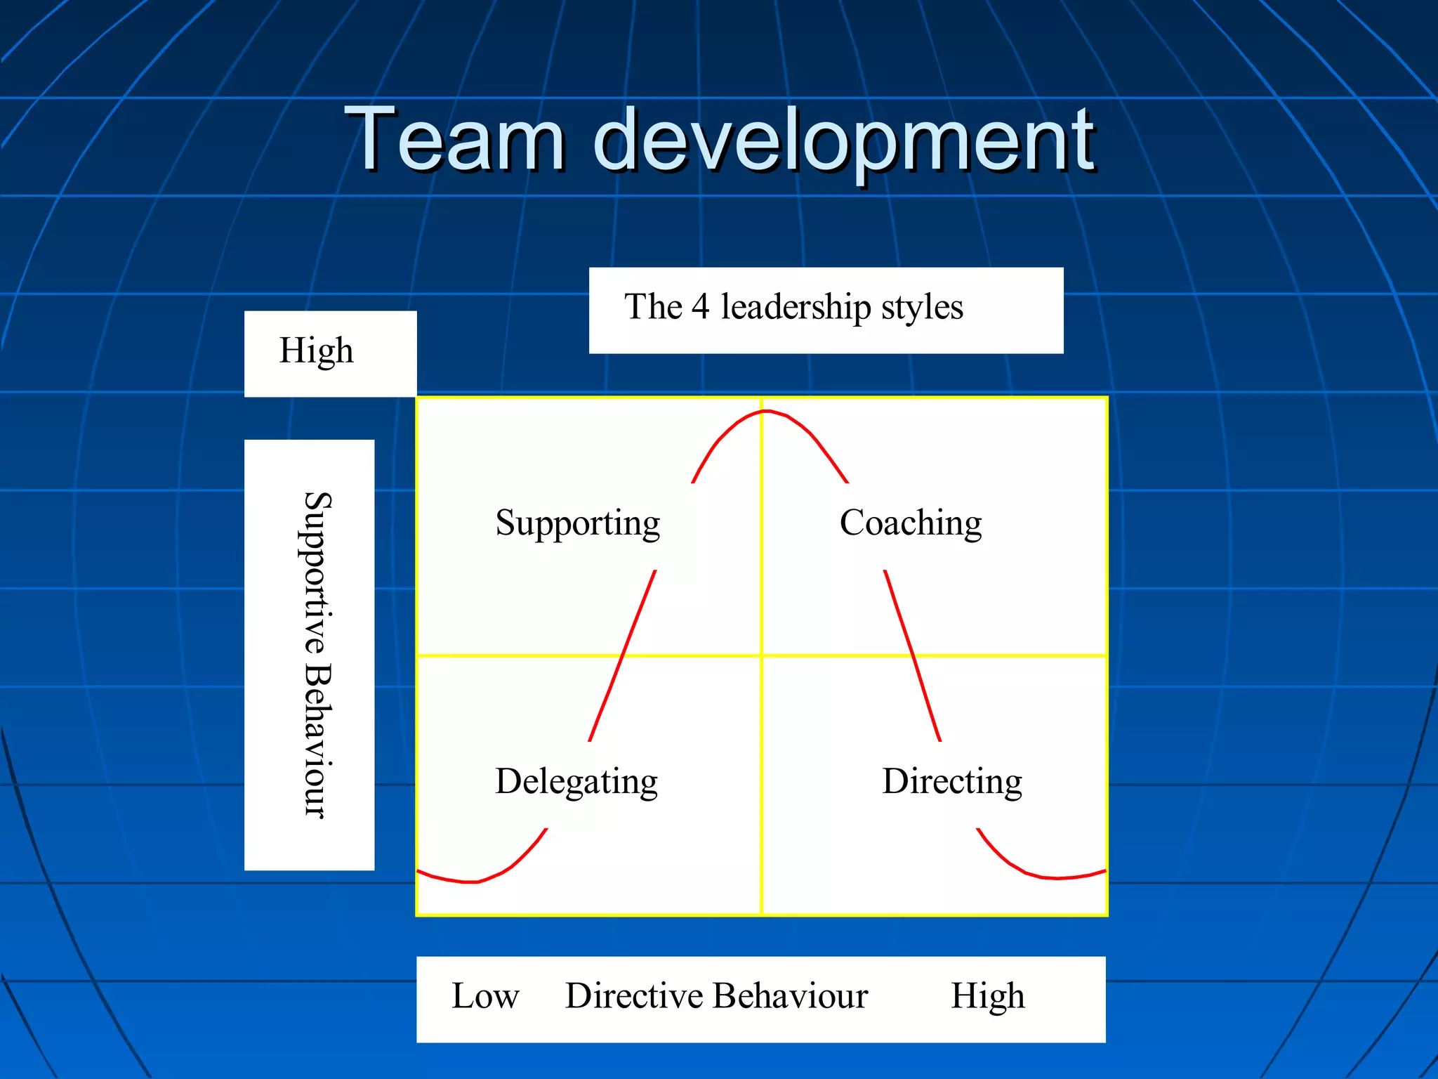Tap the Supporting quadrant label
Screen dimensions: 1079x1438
pos(577,523)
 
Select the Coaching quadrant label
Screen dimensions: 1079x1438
pos(911,523)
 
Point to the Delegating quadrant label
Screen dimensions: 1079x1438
pos(576,782)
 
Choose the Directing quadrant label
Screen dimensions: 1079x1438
pos(951,782)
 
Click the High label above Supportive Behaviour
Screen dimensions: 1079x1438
pos(316,351)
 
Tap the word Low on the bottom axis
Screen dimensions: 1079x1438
pos(485,996)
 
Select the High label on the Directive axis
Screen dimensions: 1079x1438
pos(987,996)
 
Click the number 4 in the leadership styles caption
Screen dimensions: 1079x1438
pos(700,307)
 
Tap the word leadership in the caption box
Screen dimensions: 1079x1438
pos(796,307)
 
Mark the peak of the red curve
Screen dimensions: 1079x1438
pos(764,412)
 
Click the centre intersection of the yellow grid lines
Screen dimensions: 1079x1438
pos(762,656)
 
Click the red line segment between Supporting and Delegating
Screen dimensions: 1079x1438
pos(622,656)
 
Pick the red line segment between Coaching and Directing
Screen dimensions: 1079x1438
pos(912,655)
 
